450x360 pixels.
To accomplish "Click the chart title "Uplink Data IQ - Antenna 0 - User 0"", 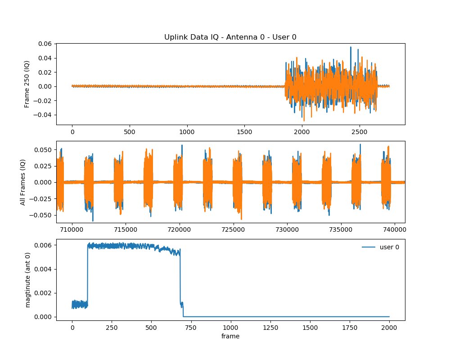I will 230,37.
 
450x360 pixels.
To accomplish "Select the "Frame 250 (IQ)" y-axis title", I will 27,84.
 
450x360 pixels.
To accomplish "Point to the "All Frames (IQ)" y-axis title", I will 23,182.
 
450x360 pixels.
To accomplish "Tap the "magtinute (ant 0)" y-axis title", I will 27,280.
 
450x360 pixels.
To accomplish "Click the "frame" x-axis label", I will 230,336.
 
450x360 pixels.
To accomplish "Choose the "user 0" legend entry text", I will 389,247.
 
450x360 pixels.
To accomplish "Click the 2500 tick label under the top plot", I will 359,133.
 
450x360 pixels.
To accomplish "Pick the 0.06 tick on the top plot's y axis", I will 45,44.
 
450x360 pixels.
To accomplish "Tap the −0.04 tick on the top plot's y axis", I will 44,115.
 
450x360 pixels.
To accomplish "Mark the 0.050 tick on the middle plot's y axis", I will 44,149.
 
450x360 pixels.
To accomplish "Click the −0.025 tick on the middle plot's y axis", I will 42,198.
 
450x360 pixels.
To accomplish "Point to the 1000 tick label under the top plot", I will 187,133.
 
